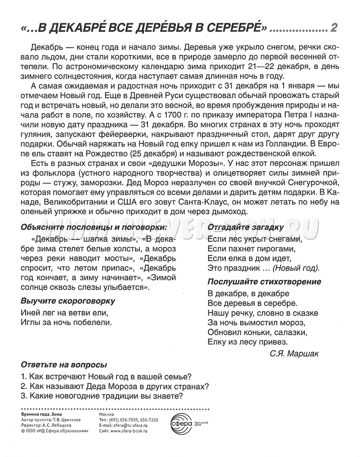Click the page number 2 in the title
point(334,28)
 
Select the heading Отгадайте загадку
point(246,227)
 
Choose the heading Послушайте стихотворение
point(264,281)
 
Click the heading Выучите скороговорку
point(68,301)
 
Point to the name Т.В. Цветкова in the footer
point(65,420)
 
